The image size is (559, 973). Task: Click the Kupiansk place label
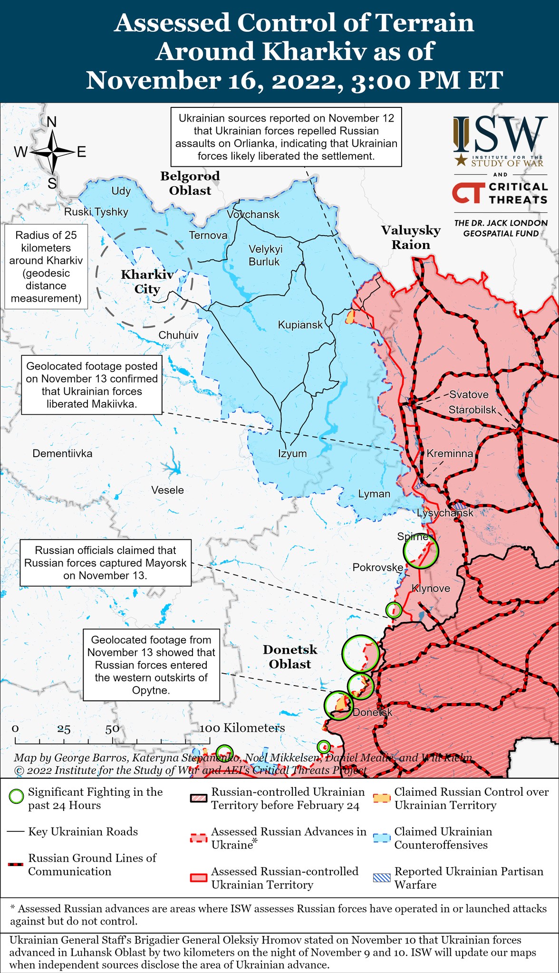pos(300,325)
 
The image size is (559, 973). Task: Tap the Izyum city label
pos(292,453)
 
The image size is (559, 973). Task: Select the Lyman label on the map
pos(374,494)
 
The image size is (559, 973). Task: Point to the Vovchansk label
pos(253,214)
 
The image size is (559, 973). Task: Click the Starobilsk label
pos(472,410)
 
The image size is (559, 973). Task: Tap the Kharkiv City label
pos(147,282)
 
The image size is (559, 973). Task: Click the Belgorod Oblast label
pos(190,183)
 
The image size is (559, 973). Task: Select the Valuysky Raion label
pos(411,238)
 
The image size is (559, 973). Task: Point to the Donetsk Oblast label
pos(290,657)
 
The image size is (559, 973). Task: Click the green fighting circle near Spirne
pos(420,551)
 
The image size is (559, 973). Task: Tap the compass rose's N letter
pos(51,122)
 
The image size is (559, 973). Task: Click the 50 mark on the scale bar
pos(112,729)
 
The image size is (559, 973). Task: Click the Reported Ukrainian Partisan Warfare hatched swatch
pos(382,878)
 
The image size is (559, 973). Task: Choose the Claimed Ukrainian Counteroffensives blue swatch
pos(382,838)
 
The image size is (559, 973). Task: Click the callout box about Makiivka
pos(92,385)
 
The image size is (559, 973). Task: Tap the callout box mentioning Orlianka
pos(286,137)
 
